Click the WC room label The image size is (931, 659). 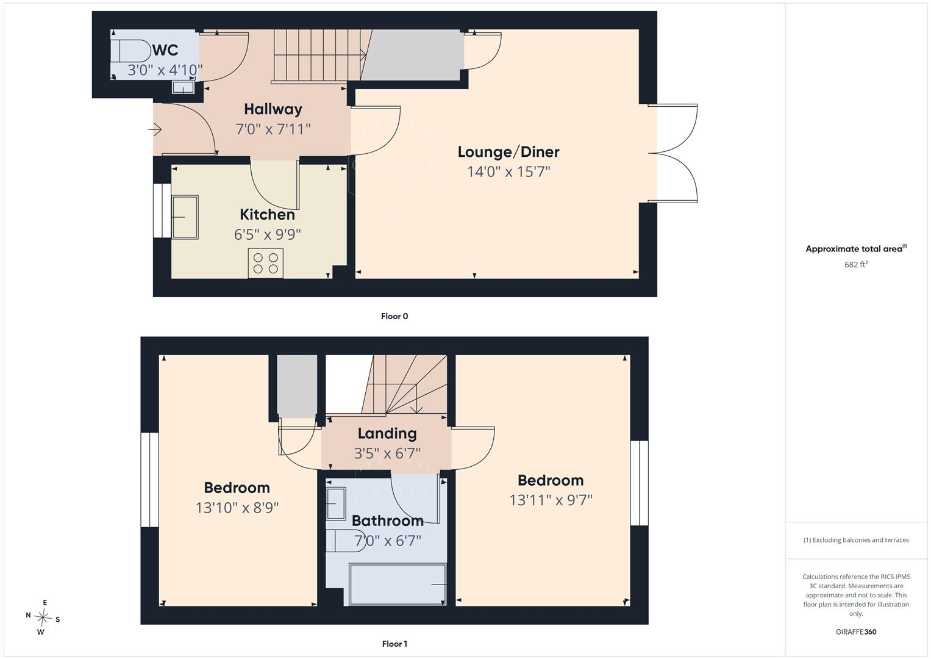point(165,50)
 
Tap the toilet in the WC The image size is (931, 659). point(130,51)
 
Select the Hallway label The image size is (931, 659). point(273,109)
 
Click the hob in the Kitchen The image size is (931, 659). point(266,263)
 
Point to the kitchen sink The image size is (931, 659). point(185,217)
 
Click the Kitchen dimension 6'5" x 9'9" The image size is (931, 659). point(267,234)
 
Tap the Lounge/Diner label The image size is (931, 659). point(508,152)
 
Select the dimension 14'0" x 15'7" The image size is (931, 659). point(508,171)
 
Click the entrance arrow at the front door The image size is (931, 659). point(155,130)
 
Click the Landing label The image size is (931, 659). point(387,433)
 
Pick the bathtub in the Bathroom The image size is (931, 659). point(398,584)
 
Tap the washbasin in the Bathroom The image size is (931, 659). point(336,504)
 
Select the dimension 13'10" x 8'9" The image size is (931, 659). point(237,508)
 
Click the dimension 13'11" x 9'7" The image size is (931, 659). point(551,500)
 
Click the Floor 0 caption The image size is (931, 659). point(394,316)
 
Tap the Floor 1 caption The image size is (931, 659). point(394,644)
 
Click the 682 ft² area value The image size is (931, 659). point(856,264)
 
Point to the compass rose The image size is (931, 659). point(43,618)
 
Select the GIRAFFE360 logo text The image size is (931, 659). point(856,632)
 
